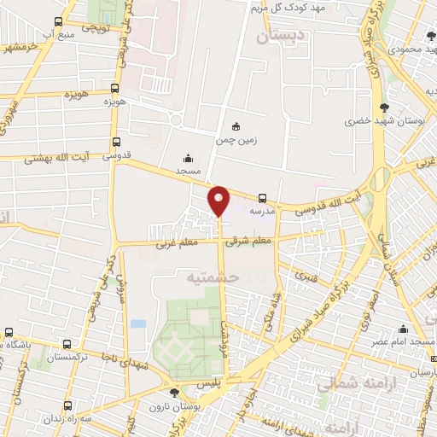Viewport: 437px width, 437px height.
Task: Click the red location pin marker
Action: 219,200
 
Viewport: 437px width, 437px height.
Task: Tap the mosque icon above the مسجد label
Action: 189,159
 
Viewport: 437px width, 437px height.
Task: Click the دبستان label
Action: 278,36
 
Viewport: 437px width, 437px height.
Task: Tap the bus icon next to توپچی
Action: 58,22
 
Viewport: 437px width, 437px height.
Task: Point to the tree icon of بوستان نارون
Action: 175,393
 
